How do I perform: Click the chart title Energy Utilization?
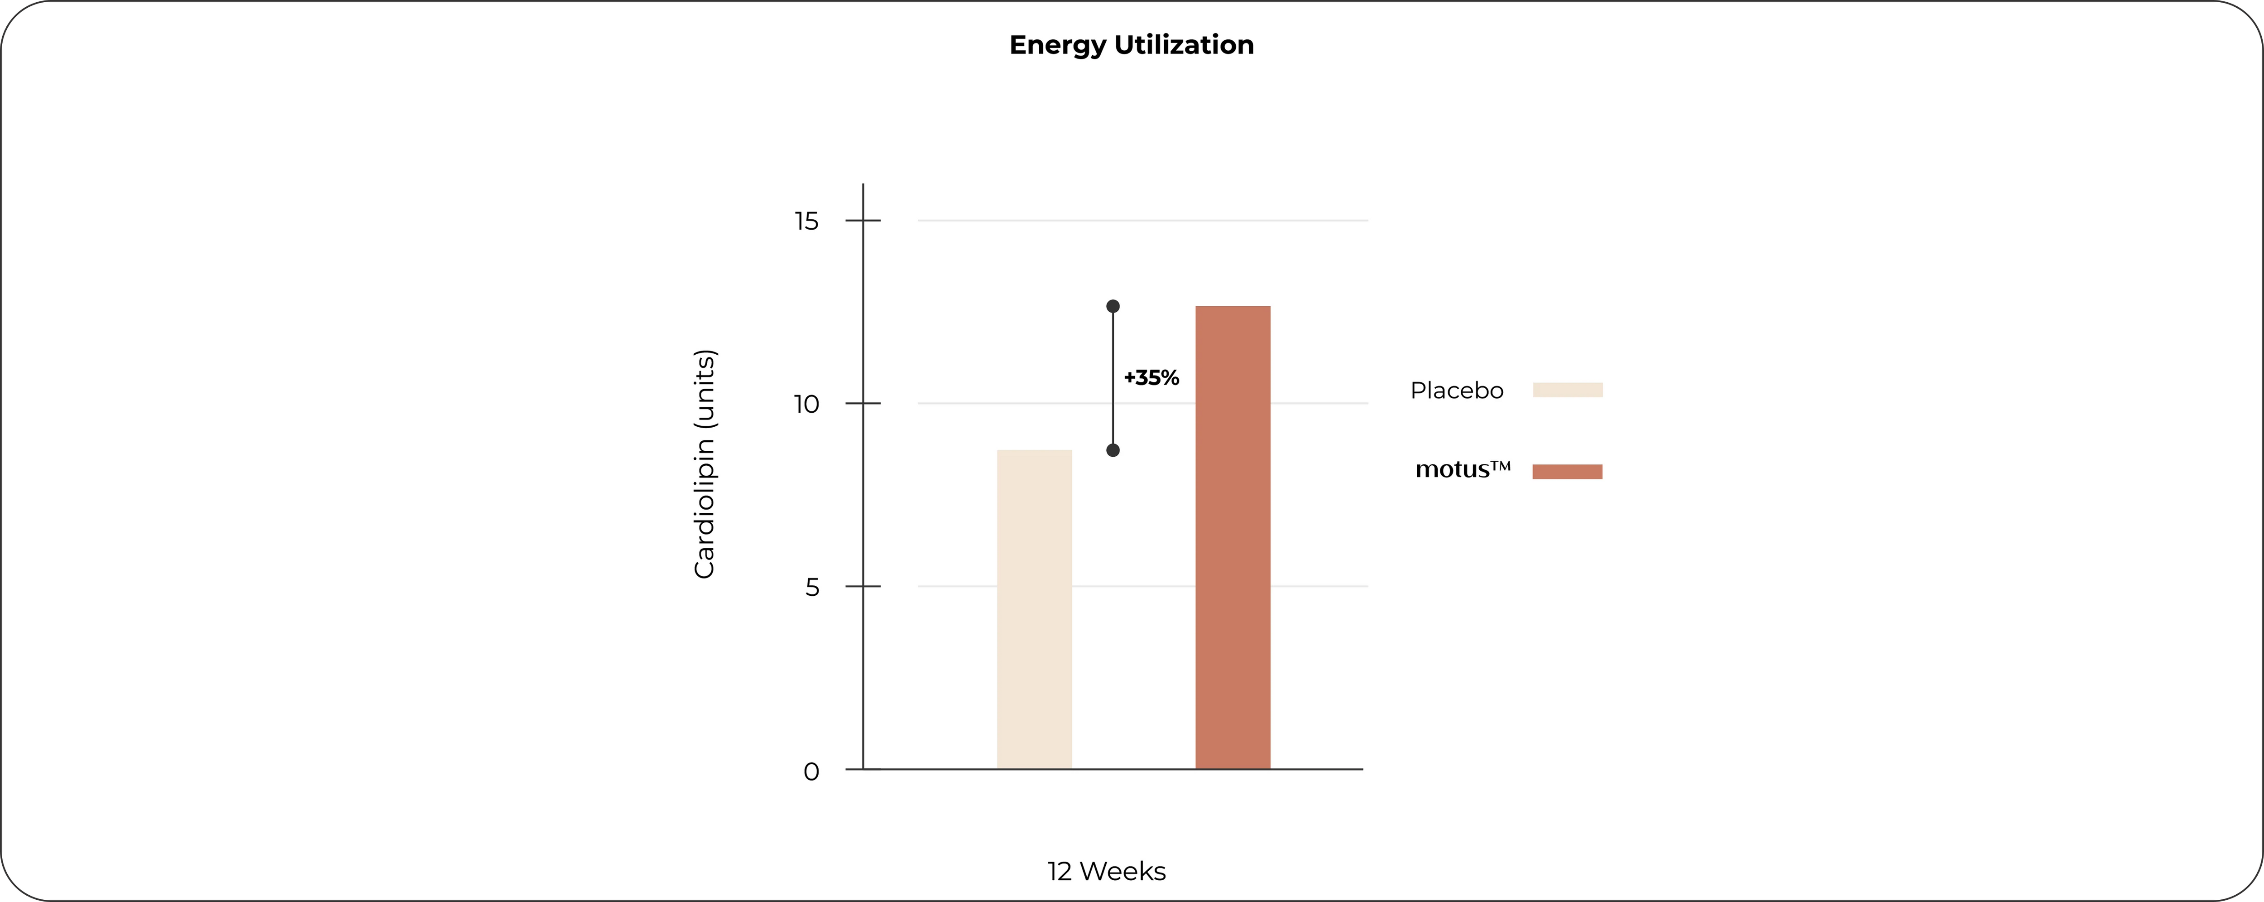pos(1131,45)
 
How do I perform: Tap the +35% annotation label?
pos(1151,378)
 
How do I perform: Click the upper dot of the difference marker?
pos(1113,306)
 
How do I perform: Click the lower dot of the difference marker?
pos(1113,450)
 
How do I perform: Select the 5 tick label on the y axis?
pos(812,587)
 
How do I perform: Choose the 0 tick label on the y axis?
pos(811,772)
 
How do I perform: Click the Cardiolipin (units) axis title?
pos(705,464)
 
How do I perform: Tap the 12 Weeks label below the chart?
pos(1107,871)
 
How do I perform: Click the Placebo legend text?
pos(1456,391)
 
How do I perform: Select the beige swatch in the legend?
pos(1568,391)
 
